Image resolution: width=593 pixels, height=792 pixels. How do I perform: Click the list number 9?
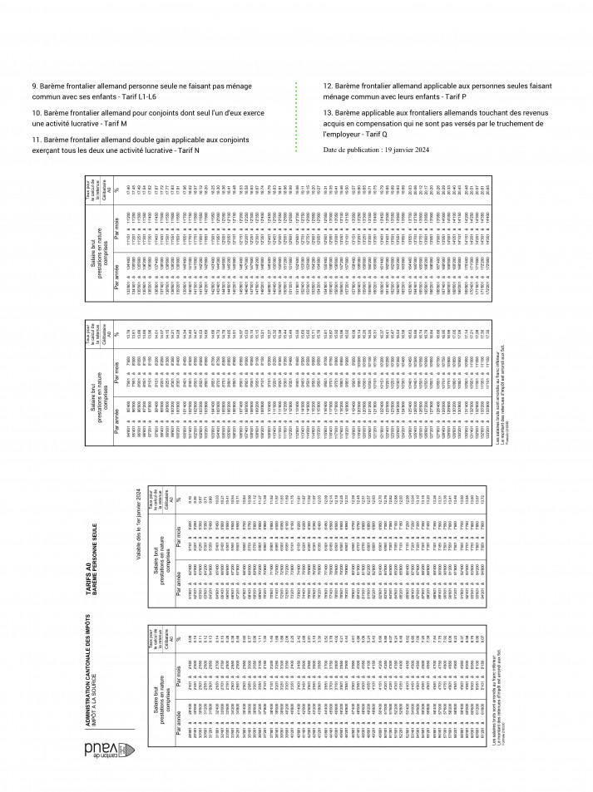point(33,86)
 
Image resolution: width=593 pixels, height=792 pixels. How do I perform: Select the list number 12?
point(327,86)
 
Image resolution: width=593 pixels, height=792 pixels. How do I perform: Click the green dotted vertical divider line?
point(296,116)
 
